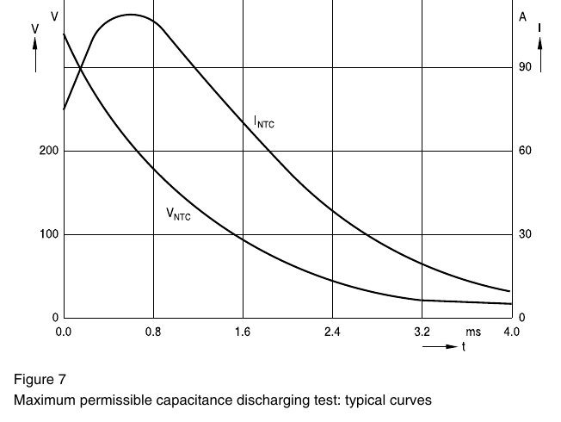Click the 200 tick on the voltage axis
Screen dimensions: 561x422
49,151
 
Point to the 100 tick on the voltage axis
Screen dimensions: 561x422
49,234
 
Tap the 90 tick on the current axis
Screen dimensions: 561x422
525,67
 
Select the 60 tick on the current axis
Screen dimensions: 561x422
525,151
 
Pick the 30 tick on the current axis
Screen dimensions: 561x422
525,234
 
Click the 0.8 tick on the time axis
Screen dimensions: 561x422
153,332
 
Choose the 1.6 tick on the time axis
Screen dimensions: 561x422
243,332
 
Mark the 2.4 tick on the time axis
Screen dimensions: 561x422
332,332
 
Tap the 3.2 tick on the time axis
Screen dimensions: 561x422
422,332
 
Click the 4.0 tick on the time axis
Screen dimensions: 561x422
511,332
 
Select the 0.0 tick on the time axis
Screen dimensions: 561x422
64,332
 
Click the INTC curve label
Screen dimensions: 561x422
264,121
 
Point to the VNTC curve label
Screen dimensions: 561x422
178,214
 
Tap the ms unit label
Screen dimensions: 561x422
473,332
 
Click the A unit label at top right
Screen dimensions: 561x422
523,17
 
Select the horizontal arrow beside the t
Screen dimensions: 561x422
440,346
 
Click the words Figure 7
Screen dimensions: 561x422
40,379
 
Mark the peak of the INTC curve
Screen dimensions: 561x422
131,15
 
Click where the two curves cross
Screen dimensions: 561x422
81,67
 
